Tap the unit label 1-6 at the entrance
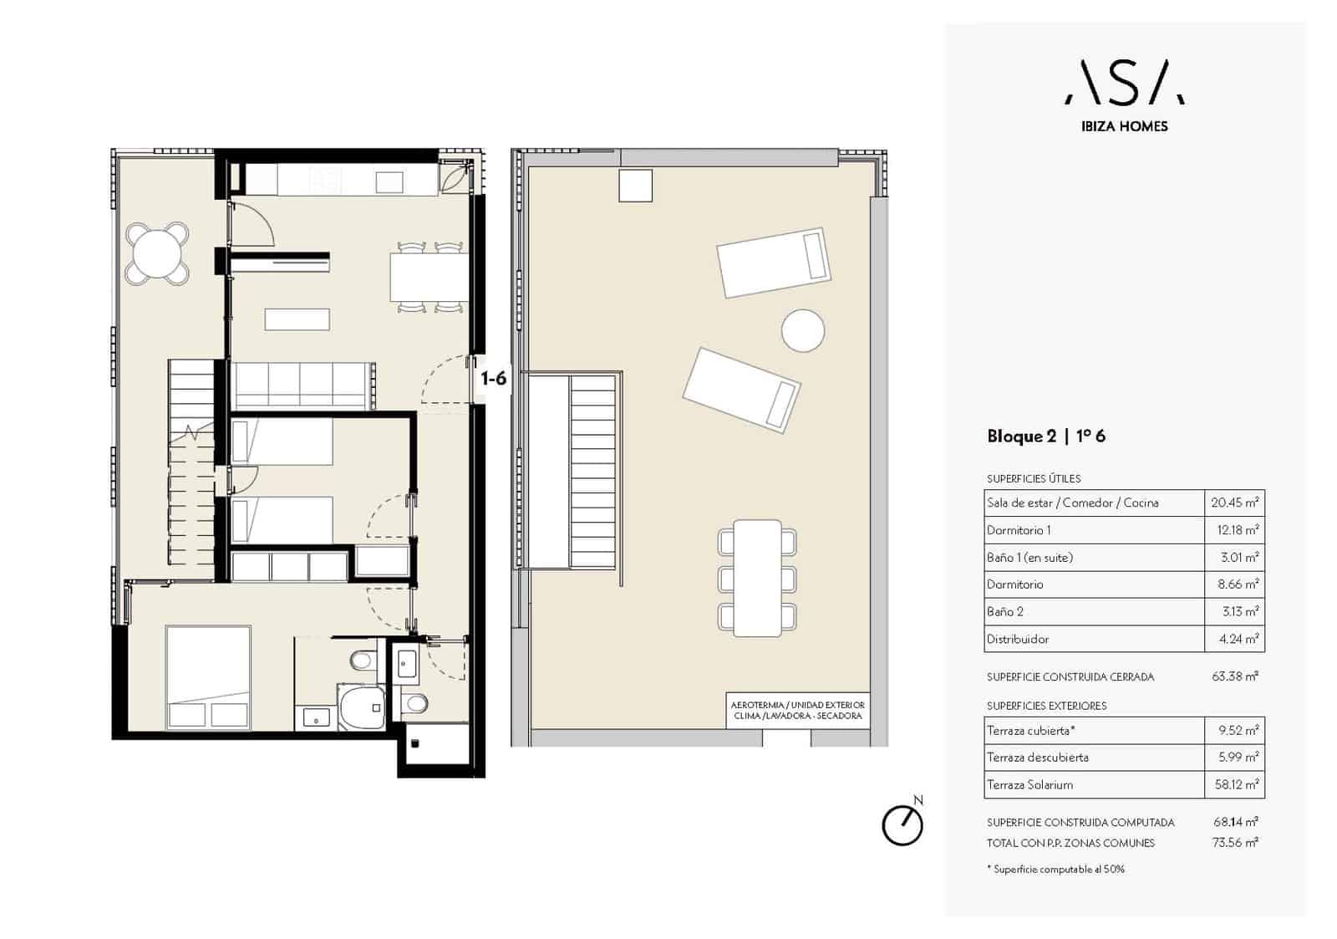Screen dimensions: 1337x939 coord(494,378)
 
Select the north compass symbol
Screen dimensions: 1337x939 coord(903,823)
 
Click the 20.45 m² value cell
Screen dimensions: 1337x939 coord(1234,503)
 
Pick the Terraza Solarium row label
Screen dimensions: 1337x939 coord(1029,785)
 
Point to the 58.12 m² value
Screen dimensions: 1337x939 coord(1236,784)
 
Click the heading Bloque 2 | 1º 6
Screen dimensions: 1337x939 coord(1045,436)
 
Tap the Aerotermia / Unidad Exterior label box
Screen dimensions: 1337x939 coord(797,711)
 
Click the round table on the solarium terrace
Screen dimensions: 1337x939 coord(803,330)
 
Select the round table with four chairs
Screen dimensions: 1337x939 coord(158,253)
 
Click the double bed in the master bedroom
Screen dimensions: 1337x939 coord(208,677)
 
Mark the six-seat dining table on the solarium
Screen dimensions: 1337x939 coord(757,579)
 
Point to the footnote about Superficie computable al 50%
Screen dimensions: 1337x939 coord(1055,870)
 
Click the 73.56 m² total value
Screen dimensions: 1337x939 coord(1235,842)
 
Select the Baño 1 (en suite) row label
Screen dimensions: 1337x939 coord(1029,558)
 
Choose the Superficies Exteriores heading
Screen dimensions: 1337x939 coord(1046,706)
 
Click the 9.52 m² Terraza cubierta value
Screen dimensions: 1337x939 coord(1238,730)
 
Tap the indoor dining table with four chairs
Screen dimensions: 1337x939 coord(430,278)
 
